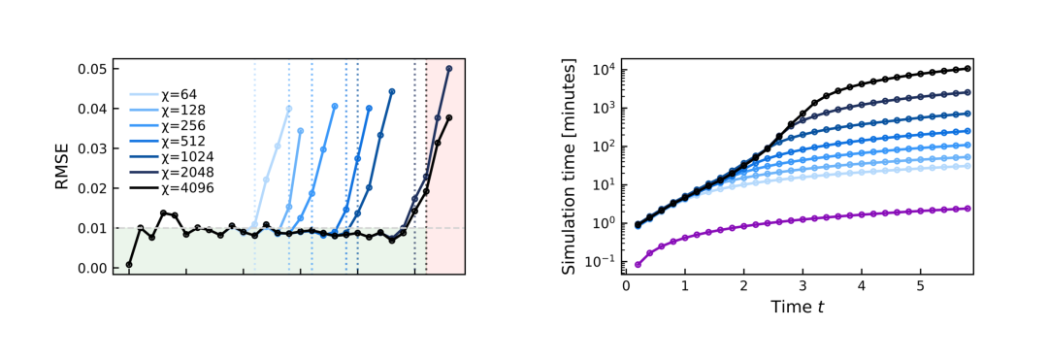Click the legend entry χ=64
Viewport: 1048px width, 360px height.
click(x=162, y=95)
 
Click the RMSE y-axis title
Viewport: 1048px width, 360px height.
click(x=62, y=167)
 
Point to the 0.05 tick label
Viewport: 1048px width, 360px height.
click(x=91, y=69)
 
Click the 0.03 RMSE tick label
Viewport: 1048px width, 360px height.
click(x=91, y=148)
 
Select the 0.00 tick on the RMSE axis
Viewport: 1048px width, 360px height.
click(x=91, y=268)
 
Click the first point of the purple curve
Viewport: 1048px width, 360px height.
click(x=638, y=265)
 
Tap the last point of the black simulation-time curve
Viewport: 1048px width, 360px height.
click(x=967, y=68)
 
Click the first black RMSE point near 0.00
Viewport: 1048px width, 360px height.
click(x=129, y=265)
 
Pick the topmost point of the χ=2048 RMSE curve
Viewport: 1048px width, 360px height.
click(x=448, y=68)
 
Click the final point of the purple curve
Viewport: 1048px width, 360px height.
click(x=967, y=209)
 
